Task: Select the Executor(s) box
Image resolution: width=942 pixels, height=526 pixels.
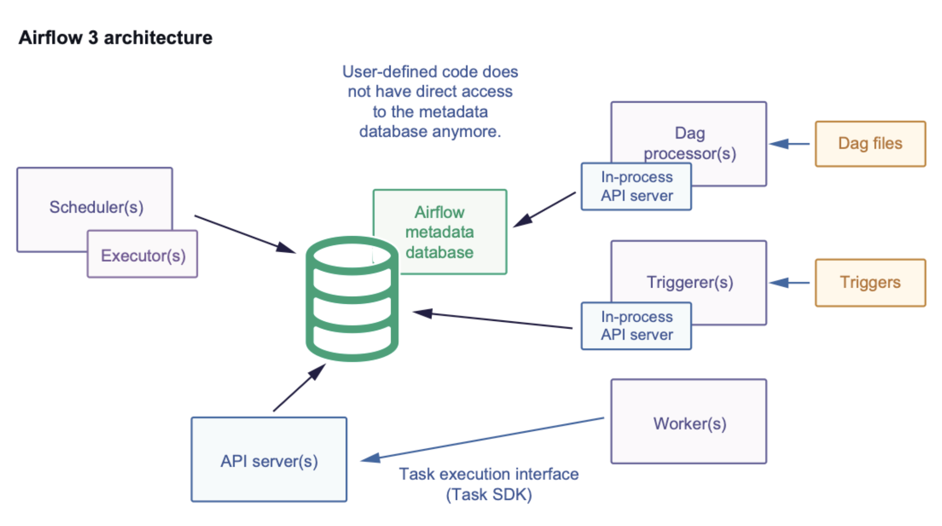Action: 143,255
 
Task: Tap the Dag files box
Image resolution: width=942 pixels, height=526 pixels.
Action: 870,144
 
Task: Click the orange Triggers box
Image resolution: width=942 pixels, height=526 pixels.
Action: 870,282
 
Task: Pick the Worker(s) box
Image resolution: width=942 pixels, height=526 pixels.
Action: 689,423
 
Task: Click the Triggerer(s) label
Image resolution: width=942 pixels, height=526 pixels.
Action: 690,282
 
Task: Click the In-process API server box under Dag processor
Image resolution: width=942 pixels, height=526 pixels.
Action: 636,186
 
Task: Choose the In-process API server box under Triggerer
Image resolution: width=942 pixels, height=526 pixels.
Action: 636,326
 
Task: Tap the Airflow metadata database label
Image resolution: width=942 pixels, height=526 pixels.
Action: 440,232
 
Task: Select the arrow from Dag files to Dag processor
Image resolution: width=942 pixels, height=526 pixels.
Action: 790,144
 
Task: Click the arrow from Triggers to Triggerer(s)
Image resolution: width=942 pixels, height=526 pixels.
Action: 790,282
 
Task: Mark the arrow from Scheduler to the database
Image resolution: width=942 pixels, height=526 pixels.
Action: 245,234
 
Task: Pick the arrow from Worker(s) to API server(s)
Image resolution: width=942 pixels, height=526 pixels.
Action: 483,438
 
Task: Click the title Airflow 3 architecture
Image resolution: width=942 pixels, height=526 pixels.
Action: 115,37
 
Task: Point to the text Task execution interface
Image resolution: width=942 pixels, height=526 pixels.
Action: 489,474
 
